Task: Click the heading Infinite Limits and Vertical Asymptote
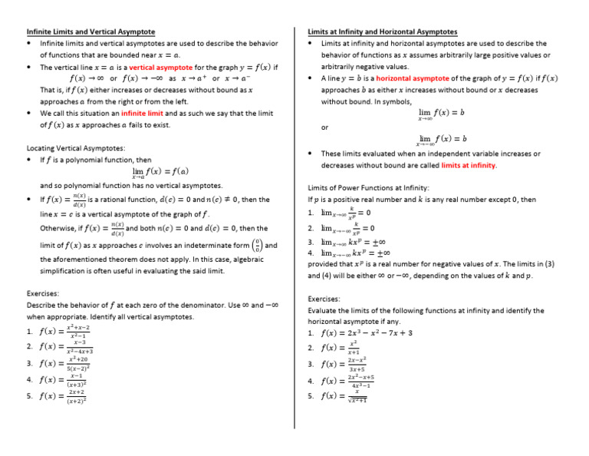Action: point(90,32)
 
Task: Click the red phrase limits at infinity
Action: point(469,165)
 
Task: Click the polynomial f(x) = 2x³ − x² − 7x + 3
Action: point(367,333)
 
